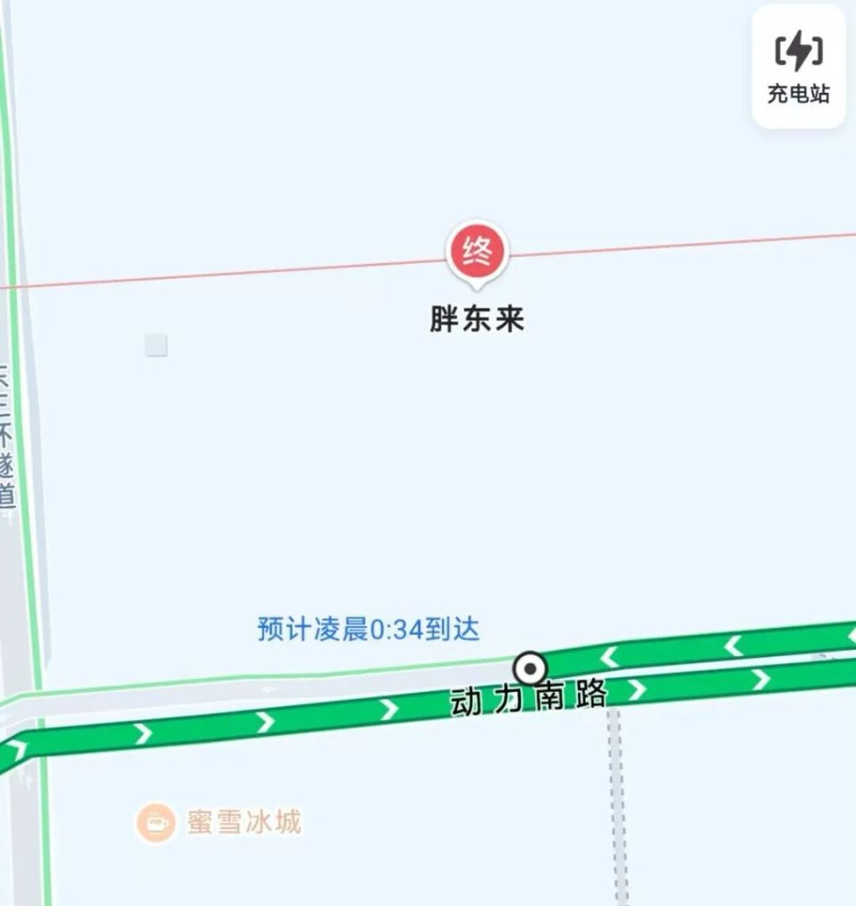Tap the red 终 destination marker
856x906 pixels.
477,253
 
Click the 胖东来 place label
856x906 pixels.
477,319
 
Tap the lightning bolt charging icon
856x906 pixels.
798,50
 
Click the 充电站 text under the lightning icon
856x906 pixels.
798,94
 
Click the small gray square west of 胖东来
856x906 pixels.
156,345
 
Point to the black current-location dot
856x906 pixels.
531,668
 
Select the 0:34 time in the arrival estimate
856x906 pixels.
394,630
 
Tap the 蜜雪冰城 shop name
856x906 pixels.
244,821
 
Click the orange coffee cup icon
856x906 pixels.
156,821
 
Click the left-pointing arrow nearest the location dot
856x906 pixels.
610,657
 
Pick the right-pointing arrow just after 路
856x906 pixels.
636,689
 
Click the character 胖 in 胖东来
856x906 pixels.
445,319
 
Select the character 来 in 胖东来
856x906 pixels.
510,319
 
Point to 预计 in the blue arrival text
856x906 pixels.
284,630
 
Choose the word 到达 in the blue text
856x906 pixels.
452,630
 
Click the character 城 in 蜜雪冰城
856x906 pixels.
287,821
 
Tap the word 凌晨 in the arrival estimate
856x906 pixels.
341,630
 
